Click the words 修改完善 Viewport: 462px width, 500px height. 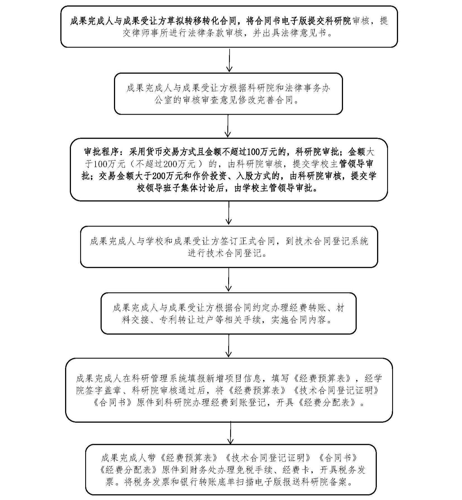257,100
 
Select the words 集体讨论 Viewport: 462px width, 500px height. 202,188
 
